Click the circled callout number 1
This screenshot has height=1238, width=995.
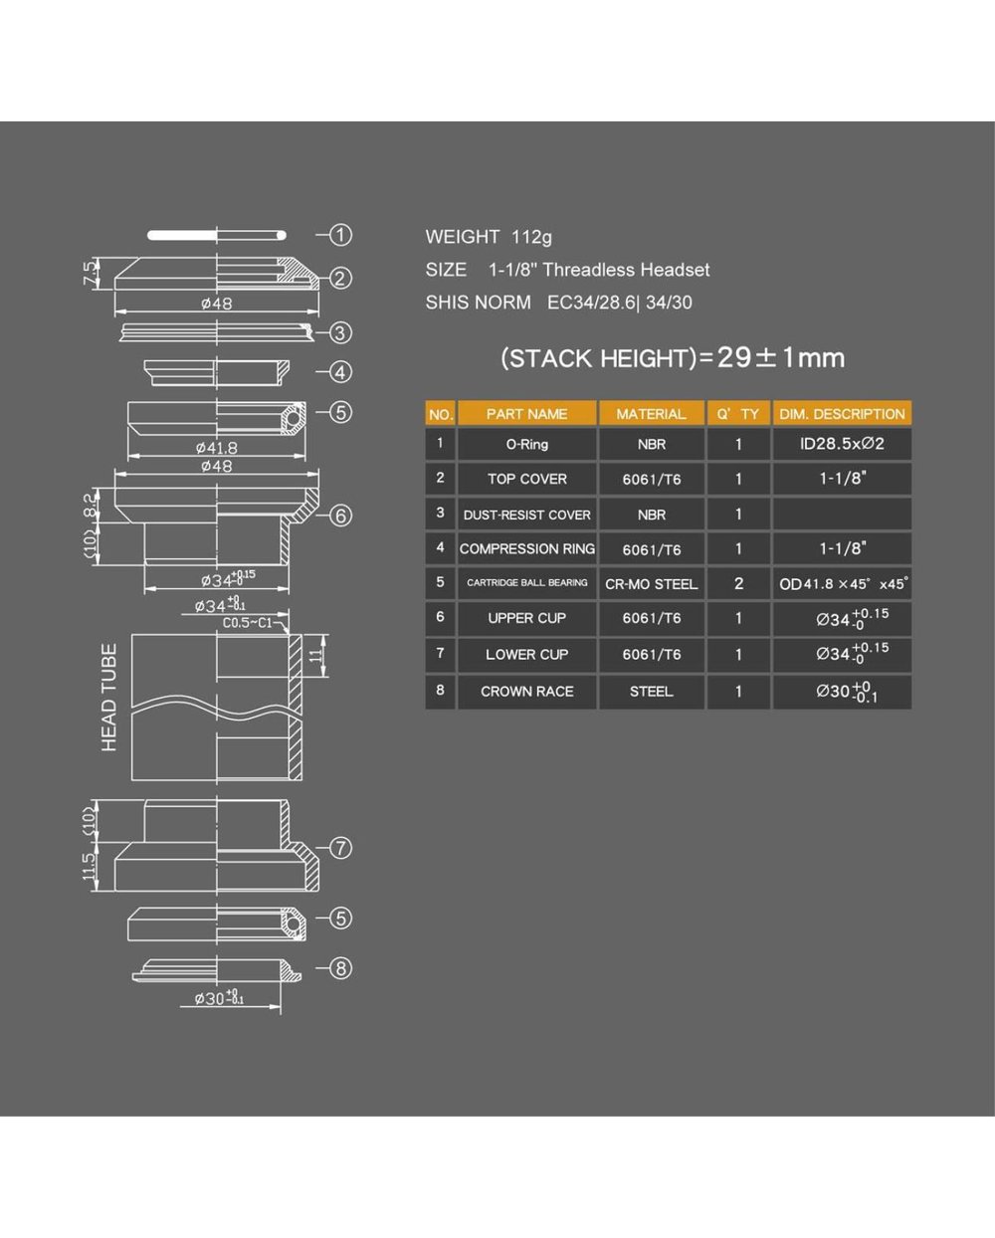coord(340,235)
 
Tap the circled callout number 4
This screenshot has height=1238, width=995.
coord(340,372)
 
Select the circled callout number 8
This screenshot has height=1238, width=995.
coord(340,967)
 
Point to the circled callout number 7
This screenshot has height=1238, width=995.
coord(340,847)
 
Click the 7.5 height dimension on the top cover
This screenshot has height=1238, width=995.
coord(91,273)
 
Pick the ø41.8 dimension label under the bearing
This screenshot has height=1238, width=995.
coord(216,447)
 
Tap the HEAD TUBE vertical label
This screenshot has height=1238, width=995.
coord(108,698)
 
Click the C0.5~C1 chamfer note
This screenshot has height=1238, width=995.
coord(248,623)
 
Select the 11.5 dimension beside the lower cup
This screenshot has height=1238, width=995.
coord(90,866)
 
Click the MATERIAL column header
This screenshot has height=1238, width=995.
coord(651,414)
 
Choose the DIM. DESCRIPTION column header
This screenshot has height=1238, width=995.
coord(842,414)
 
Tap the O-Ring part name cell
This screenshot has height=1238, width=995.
coord(526,444)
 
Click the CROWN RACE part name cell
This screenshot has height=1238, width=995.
coord(526,692)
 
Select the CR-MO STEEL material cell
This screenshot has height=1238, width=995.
coord(651,584)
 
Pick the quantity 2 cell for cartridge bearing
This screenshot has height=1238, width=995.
coord(738,584)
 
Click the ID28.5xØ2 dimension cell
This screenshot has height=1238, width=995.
coord(842,444)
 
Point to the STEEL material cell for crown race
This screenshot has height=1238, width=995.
coord(651,692)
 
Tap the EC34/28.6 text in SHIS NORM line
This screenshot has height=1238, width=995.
coord(591,303)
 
